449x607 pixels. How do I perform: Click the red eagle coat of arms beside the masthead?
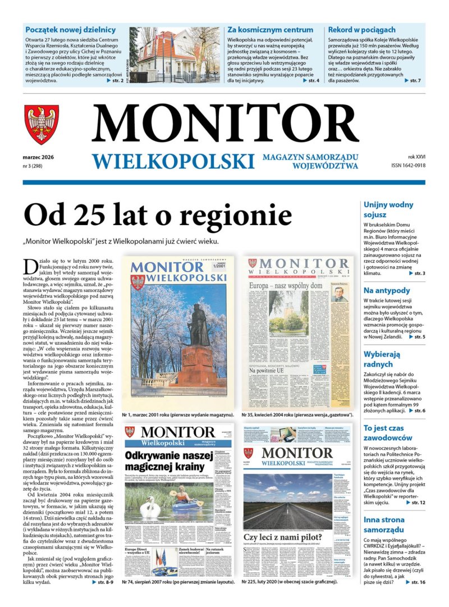(42, 124)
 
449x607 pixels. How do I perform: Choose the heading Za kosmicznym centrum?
(262, 30)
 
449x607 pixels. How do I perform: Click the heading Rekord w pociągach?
(361, 30)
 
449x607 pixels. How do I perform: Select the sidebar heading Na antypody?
(387, 290)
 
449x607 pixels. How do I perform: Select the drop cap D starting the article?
(30, 267)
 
